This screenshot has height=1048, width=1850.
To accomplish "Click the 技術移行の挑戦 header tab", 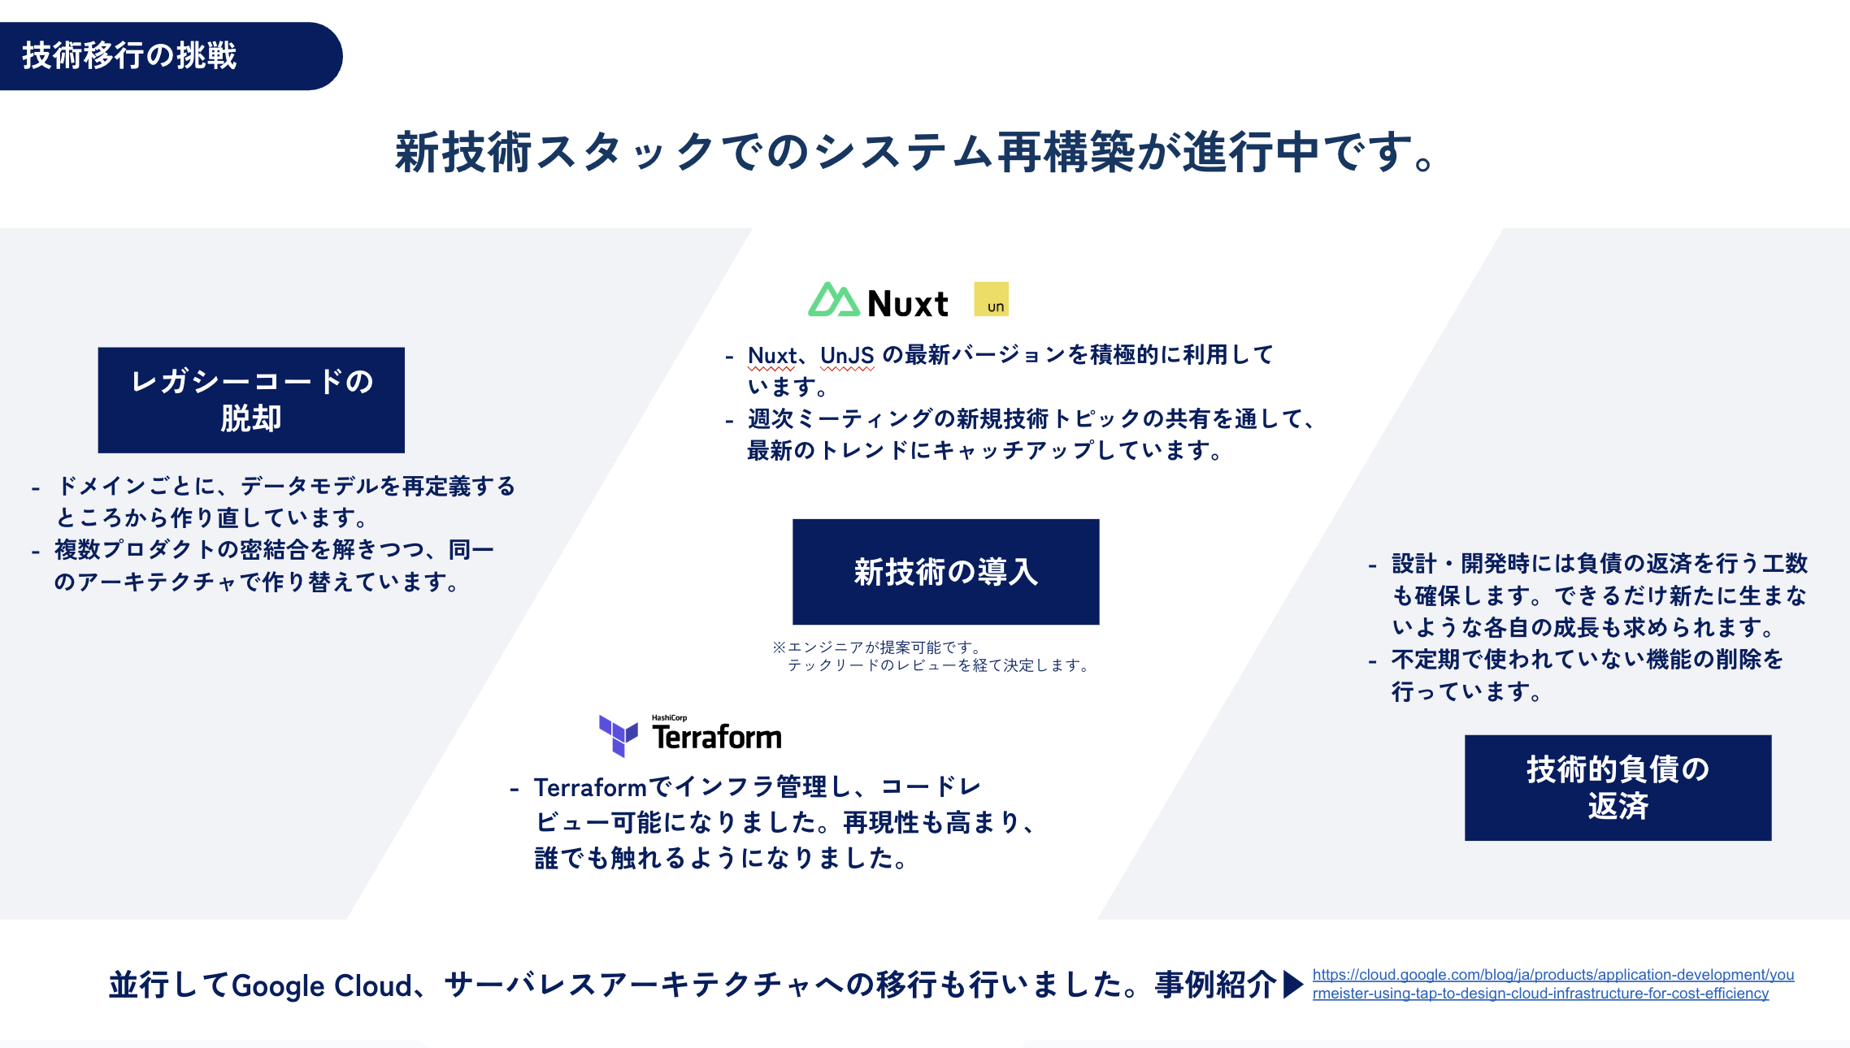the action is coord(171,56).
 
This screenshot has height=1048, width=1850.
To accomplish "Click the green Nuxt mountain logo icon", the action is coord(833,300).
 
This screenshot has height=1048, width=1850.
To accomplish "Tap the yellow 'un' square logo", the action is coord(991,299).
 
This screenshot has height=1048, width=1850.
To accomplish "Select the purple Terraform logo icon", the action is coord(618,735).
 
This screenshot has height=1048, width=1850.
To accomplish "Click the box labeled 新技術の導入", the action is coord(945,572).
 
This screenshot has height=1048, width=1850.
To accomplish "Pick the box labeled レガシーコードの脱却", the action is coord(251,400).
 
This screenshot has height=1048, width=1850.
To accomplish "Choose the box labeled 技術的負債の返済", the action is coord(1618,787).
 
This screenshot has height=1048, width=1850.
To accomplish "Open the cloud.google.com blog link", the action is coord(1553,984).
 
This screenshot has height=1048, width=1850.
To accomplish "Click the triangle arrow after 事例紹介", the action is coord(1293,985).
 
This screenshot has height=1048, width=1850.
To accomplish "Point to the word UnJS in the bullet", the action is coord(847,356).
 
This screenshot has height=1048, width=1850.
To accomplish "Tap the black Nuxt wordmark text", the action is coord(908,304).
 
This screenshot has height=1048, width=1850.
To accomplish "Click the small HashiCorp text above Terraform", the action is coord(669,718).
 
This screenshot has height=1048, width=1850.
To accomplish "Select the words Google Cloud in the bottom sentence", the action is coord(323,986).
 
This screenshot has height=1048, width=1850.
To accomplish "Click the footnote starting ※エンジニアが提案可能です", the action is coord(932,656).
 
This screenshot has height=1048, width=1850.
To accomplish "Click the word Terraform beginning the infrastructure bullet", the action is coord(590,787).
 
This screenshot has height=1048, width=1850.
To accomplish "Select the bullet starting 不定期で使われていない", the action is coord(1577,675).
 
